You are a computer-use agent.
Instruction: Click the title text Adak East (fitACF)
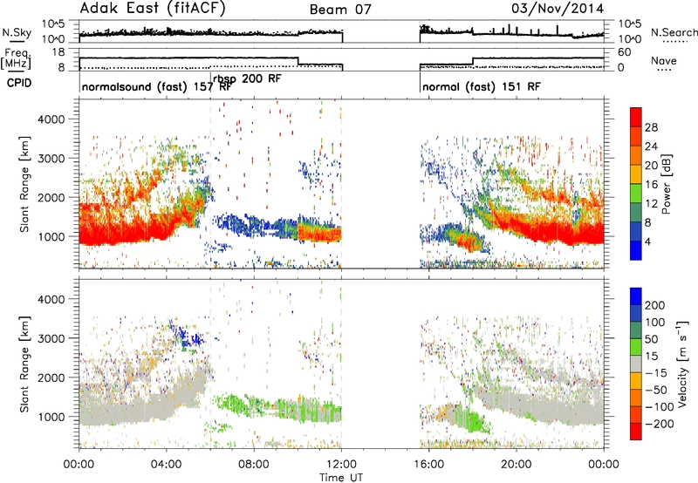[x=153, y=9]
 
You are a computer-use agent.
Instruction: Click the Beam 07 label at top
[x=340, y=10]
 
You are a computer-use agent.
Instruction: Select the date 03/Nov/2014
[x=558, y=9]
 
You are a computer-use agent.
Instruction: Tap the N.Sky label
[x=17, y=32]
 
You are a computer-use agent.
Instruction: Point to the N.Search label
[x=674, y=32]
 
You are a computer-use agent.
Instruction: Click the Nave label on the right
[x=664, y=60]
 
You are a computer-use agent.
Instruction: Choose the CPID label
[x=19, y=83]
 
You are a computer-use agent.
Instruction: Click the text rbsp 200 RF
[x=247, y=79]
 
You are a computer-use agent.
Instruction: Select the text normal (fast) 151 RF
[x=482, y=86]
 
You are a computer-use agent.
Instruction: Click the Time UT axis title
[x=341, y=477]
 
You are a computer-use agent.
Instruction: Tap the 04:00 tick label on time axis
[x=166, y=465]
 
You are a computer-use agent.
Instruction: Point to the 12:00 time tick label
[x=341, y=465]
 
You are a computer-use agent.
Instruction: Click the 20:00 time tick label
[x=516, y=465]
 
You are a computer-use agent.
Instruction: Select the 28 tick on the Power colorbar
[x=651, y=127]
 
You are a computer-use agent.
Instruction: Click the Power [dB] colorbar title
[x=667, y=184]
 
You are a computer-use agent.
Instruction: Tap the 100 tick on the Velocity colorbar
[x=654, y=323]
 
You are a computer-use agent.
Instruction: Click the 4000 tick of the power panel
[x=51, y=119]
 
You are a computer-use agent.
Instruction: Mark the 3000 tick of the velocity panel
[x=51, y=338]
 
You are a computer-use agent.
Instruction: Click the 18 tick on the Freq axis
[x=58, y=52]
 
